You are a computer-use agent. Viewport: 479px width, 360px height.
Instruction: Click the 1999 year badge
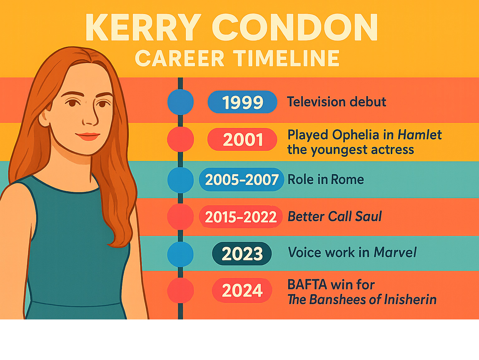[x=242, y=102]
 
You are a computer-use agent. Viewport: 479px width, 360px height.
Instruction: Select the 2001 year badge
[x=242, y=139]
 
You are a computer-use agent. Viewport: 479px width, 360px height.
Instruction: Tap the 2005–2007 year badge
[x=242, y=179]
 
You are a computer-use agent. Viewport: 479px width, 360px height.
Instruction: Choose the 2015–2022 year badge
[x=241, y=217]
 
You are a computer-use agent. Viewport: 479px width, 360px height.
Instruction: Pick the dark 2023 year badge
[x=242, y=254]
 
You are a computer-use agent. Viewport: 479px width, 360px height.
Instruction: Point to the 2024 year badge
[x=242, y=290]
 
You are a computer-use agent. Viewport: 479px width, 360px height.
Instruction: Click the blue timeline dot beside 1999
[x=181, y=102]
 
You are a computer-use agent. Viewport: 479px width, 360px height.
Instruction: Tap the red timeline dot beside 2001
[x=181, y=139]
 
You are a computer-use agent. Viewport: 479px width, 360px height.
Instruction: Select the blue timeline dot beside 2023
[x=180, y=254]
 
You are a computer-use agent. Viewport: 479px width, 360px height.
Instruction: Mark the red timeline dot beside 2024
[x=181, y=290]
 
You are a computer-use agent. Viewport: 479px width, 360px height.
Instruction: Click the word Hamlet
[x=420, y=134]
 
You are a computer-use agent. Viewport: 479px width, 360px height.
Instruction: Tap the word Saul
[x=369, y=216]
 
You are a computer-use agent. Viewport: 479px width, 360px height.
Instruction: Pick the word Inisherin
[x=410, y=299]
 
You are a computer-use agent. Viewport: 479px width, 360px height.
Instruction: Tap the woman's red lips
[x=88, y=136]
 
